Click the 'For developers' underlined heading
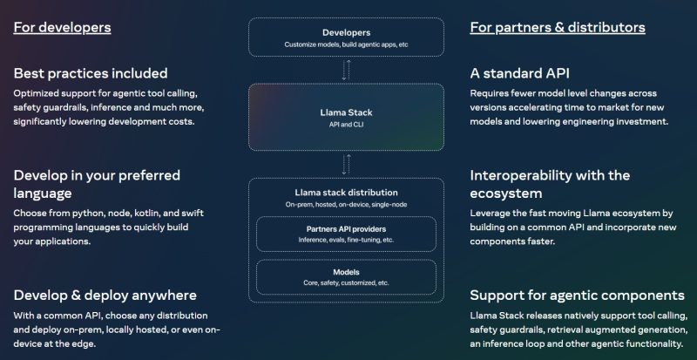(x=62, y=28)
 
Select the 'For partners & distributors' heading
(x=558, y=28)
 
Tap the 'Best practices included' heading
(x=91, y=73)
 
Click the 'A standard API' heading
(x=519, y=73)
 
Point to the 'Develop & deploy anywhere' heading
(x=105, y=295)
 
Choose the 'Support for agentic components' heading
(x=577, y=295)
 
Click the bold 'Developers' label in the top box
(x=346, y=32)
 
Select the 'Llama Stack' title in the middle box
(x=346, y=112)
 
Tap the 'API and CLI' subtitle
(x=346, y=125)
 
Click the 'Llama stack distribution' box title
(x=346, y=193)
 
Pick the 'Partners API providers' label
(x=346, y=229)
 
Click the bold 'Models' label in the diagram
(x=346, y=272)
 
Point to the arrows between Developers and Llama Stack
(x=346, y=70)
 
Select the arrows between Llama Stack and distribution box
(x=346, y=164)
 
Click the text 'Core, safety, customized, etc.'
(x=346, y=283)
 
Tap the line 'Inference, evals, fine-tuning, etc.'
(x=346, y=240)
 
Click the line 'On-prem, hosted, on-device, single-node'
(x=346, y=205)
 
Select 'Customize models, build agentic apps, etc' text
(x=346, y=44)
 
